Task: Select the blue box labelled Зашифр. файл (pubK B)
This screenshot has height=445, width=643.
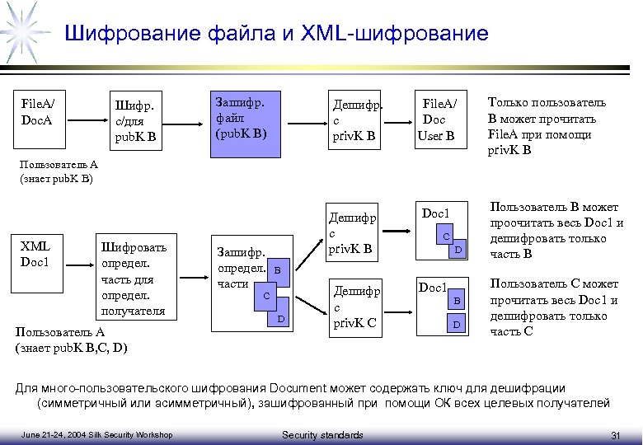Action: pos(246,119)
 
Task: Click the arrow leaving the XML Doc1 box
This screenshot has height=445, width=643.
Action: pos(79,265)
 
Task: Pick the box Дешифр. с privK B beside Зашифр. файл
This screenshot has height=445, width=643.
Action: pos(356,120)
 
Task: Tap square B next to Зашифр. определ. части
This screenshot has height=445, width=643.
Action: pos(278,269)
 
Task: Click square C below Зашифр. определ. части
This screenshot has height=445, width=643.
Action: pos(266,295)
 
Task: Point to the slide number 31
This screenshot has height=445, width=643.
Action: pos(615,434)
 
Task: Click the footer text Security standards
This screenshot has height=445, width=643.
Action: pos(322,434)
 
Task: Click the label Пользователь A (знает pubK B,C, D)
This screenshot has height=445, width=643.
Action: pos(70,339)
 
